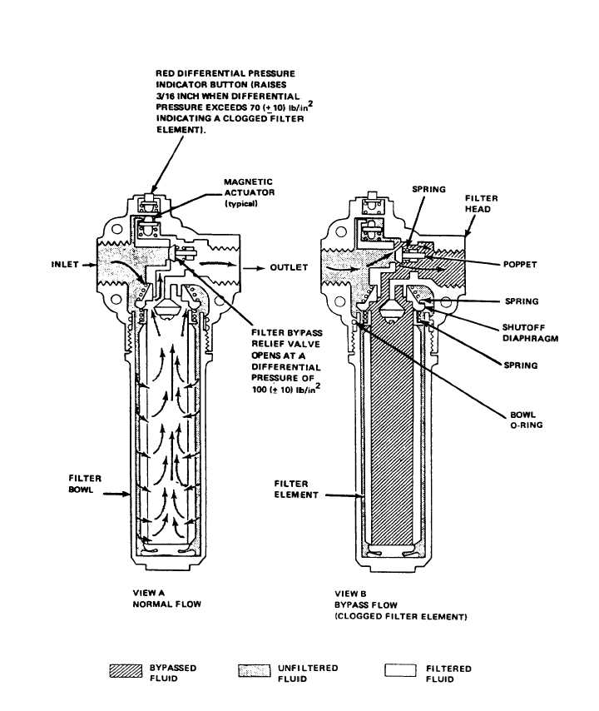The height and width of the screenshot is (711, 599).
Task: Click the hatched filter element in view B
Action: click(x=394, y=433)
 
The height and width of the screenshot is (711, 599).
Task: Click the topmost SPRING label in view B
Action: click(x=429, y=190)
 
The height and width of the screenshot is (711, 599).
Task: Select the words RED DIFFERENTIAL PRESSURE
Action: click(x=225, y=74)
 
